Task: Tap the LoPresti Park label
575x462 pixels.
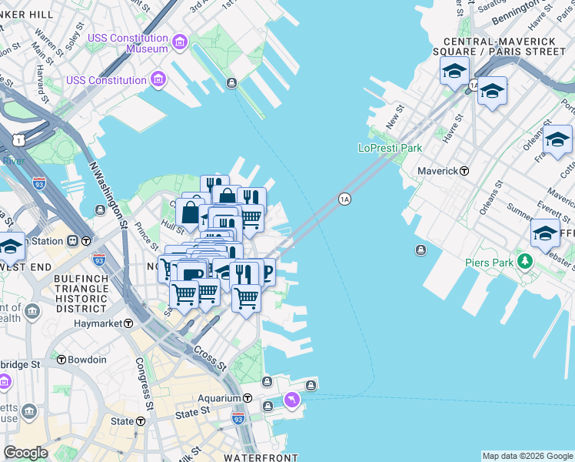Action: click(391, 148)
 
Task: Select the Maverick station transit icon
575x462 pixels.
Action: click(464, 171)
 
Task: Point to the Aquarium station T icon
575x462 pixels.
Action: click(248, 398)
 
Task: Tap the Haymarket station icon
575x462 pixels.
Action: click(129, 324)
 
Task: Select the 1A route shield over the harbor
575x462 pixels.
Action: click(344, 199)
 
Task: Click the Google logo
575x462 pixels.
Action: click(26, 453)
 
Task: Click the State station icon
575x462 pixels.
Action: click(141, 421)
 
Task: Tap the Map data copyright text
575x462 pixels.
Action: click(527, 456)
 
